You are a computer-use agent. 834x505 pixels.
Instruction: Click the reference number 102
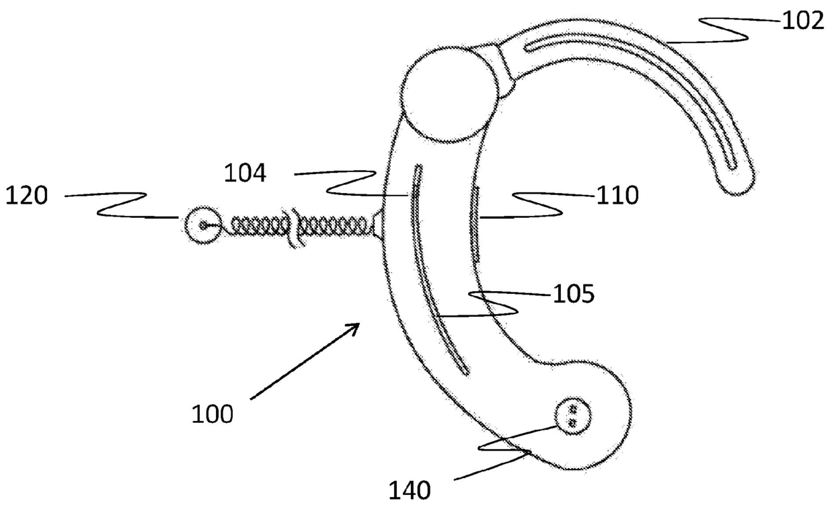[x=802, y=21]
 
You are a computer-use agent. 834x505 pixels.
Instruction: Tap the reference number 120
[x=27, y=197]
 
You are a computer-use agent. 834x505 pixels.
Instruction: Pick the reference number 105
[x=573, y=294]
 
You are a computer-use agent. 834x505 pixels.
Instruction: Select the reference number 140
[x=410, y=490]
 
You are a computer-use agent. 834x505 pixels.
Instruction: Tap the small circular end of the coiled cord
[x=200, y=224]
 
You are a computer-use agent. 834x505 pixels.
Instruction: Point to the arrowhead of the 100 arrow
[x=356, y=326]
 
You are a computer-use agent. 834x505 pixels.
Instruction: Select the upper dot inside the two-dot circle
[x=573, y=409]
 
